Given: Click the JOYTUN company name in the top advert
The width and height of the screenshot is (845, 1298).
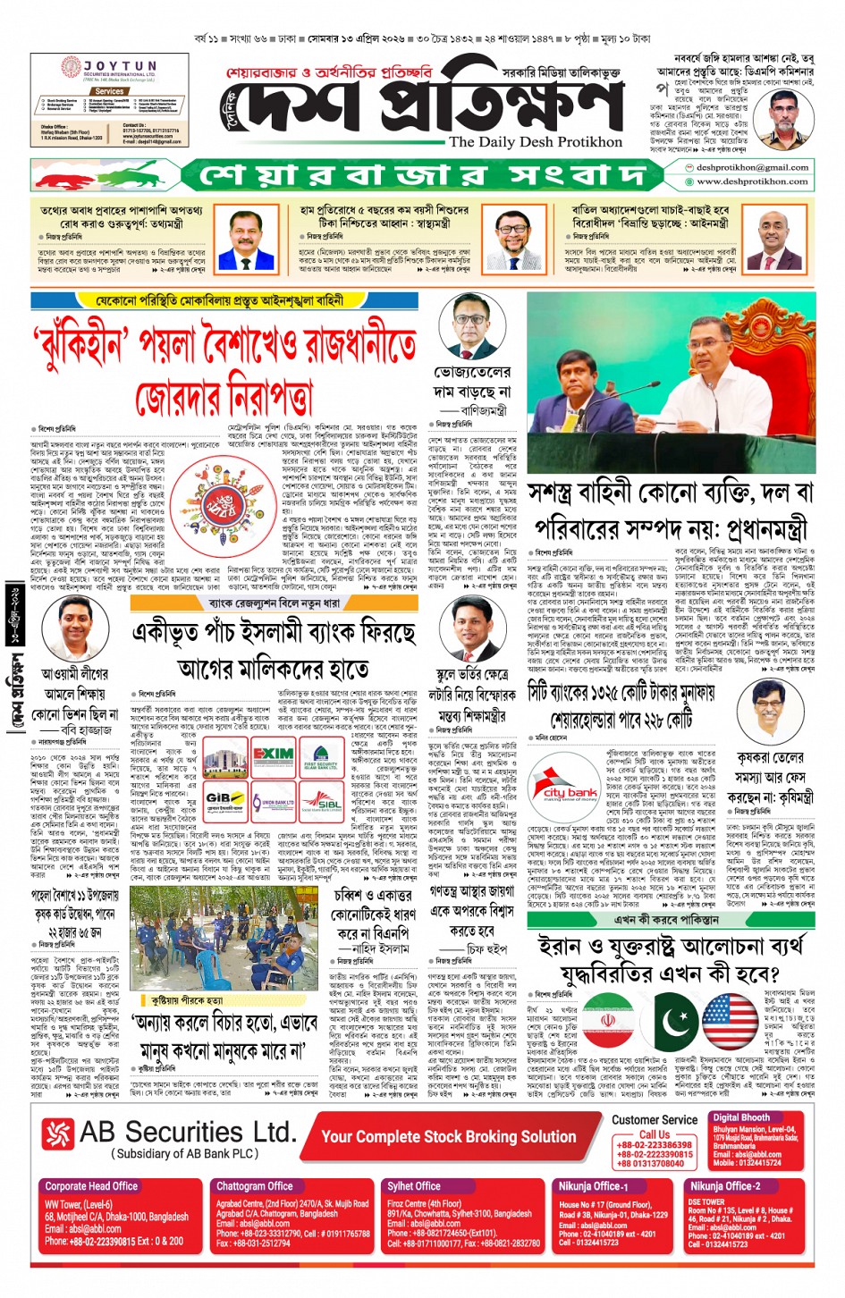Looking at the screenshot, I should click(x=120, y=66).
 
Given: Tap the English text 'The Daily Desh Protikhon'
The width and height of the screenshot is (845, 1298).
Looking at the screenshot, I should click(x=535, y=142).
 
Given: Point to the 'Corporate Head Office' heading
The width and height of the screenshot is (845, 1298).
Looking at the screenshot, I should click(x=91, y=1186).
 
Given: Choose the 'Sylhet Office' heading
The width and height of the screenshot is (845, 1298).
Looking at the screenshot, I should click(x=414, y=1186).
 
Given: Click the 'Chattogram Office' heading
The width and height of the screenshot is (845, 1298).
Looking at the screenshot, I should click(x=255, y=1186).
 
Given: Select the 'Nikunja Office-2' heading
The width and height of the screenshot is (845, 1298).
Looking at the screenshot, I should click(x=724, y=1186).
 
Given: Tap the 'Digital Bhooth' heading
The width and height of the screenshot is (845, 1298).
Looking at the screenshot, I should click(x=741, y=1117).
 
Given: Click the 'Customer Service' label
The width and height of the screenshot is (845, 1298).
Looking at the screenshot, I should click(x=655, y=1120).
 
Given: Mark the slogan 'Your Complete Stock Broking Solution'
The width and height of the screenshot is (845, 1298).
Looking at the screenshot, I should click(x=448, y=1137).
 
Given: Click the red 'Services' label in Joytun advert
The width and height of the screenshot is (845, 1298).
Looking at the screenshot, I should click(x=109, y=91).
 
